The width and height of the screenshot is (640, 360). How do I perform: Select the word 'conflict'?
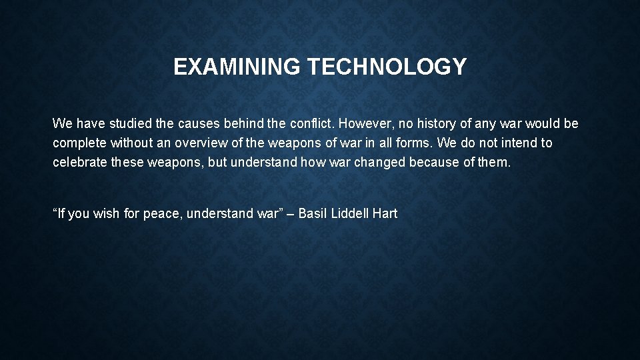tap(312, 124)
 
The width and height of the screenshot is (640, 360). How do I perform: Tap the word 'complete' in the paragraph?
tap(79, 143)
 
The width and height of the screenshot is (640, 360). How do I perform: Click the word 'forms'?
tap(416, 143)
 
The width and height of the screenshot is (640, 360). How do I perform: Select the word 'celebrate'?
tap(79, 162)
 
